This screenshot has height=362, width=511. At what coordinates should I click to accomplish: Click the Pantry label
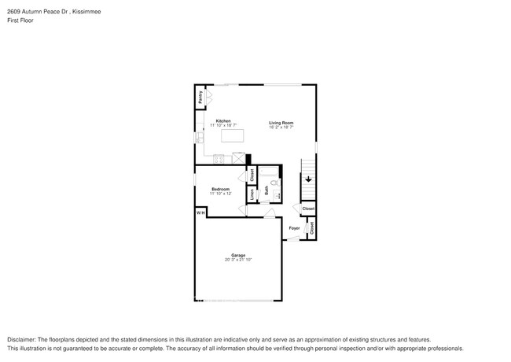200,97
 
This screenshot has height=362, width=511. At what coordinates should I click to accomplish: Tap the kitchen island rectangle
233,135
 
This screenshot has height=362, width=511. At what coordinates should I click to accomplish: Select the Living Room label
281,122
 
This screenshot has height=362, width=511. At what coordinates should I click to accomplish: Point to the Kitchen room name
223,121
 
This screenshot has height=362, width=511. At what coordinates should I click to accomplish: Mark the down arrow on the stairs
309,180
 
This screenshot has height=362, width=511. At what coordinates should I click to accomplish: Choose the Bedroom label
220,189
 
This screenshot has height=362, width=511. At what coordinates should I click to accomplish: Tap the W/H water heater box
200,212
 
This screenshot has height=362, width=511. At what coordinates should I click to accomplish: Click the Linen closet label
252,194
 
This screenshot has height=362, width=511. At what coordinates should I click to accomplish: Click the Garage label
238,255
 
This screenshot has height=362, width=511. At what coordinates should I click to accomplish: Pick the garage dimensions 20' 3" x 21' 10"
238,260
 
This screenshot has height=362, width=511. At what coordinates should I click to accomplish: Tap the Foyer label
294,228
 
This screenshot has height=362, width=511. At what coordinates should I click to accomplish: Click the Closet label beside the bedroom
252,176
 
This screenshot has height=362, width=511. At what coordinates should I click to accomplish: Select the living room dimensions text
281,127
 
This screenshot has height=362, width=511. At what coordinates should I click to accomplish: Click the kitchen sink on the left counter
199,138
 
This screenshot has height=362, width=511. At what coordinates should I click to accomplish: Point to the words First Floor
17,20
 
